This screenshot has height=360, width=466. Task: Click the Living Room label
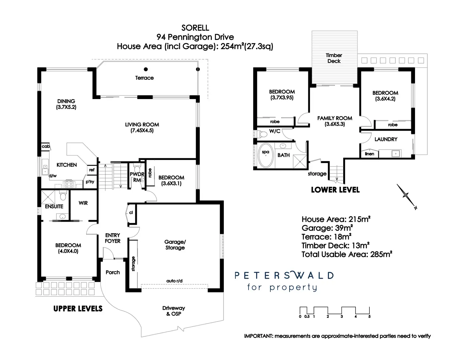pos(142,125)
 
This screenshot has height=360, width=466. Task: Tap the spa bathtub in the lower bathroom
pos(266,155)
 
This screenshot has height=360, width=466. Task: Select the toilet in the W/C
pos(262,134)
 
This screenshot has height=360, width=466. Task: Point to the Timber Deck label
pos(334,58)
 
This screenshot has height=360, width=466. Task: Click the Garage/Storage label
pos(175,245)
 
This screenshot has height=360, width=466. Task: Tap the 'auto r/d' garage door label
pos(174,281)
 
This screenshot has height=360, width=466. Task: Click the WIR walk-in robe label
pos(83,203)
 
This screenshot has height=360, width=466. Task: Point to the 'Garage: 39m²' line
pos(327,228)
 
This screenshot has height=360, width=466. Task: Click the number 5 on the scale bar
pos(369,317)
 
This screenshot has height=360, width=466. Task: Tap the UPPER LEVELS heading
pos(78,309)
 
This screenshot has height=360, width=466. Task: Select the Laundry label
pos(386,139)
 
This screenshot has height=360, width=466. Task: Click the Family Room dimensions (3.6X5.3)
pos(335,124)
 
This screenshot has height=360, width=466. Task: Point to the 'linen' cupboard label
pos(369,154)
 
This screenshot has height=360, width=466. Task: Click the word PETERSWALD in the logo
pos(284,275)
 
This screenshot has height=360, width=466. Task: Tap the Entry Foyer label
pos(113,238)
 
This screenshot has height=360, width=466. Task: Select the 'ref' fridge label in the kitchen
pos(92,170)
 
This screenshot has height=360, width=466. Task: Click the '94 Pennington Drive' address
pos(195,37)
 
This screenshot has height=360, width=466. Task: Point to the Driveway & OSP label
pos(173,311)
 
